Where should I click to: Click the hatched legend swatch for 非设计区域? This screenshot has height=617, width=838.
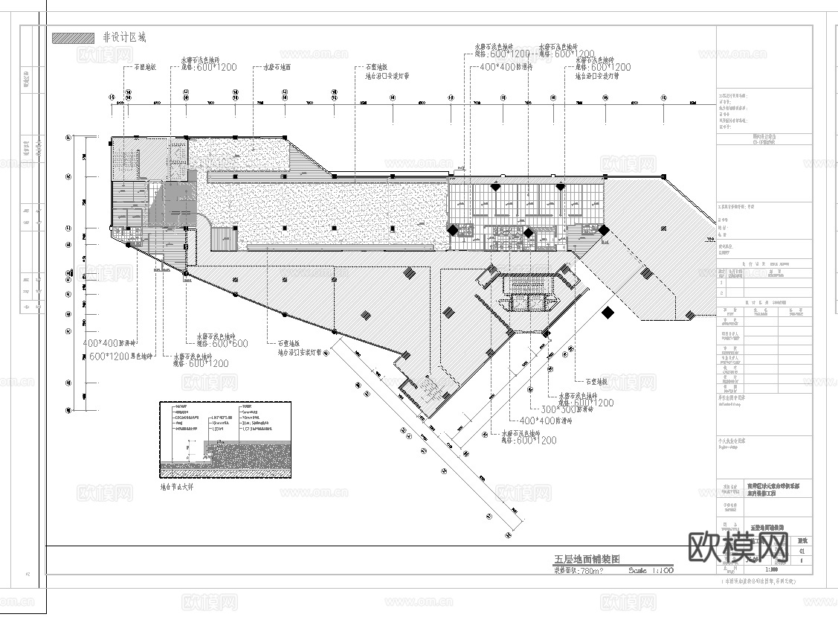[x=73, y=37]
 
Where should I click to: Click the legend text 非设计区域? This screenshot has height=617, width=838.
[x=124, y=37]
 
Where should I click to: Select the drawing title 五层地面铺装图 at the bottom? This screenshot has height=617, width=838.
[x=587, y=559]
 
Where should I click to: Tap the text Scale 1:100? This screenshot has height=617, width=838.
[x=651, y=571]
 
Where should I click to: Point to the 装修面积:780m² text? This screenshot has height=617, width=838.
[x=578, y=571]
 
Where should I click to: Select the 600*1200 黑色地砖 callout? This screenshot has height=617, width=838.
[x=120, y=357]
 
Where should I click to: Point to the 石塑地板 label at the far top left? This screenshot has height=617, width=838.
[x=144, y=67]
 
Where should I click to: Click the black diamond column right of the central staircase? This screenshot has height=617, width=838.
[x=607, y=313]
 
